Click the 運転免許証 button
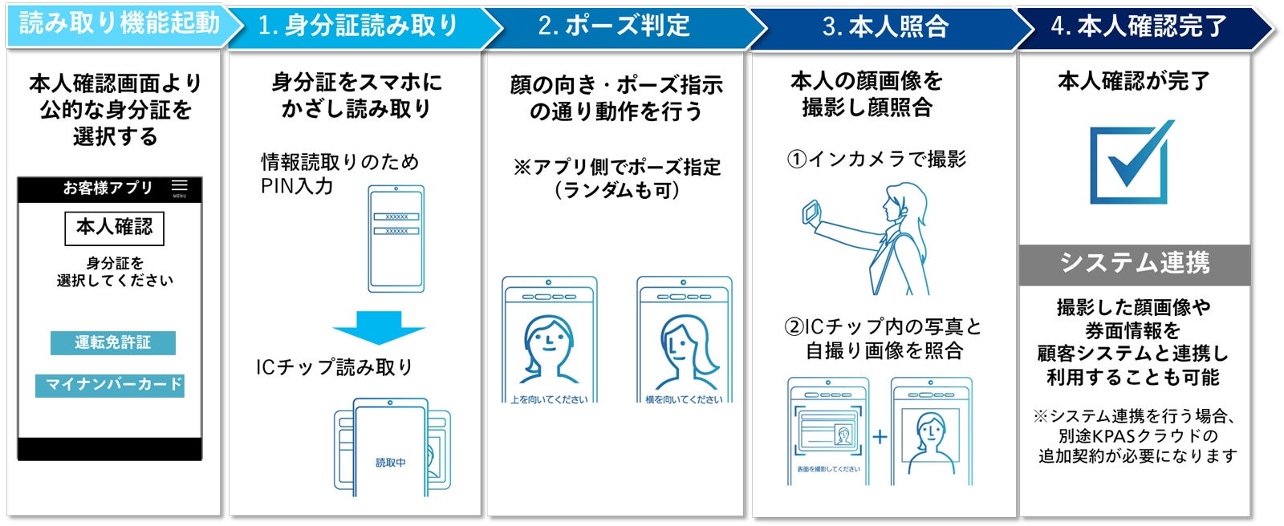pyautogui.click(x=112, y=342)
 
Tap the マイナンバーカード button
pyautogui.click(x=110, y=385)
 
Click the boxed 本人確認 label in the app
pyautogui.click(x=114, y=228)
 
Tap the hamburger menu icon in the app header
pyautogui.click(x=179, y=188)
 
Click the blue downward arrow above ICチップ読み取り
pyautogui.click(x=378, y=328)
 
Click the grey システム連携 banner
pyautogui.click(x=1134, y=264)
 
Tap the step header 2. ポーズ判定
pyautogui.click(x=614, y=26)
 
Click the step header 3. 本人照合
pyautogui.click(x=885, y=26)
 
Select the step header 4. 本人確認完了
pyautogui.click(x=1139, y=26)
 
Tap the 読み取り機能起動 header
pyautogui.click(x=119, y=25)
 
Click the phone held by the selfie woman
pyautogui.click(x=811, y=212)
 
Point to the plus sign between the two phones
pyautogui.click(x=880, y=437)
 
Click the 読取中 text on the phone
pyautogui.click(x=391, y=463)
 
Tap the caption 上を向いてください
pyautogui.click(x=549, y=399)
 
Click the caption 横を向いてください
pyautogui.click(x=684, y=399)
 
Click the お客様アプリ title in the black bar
pyautogui.click(x=108, y=188)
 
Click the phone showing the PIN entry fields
pyautogui.click(x=396, y=238)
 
